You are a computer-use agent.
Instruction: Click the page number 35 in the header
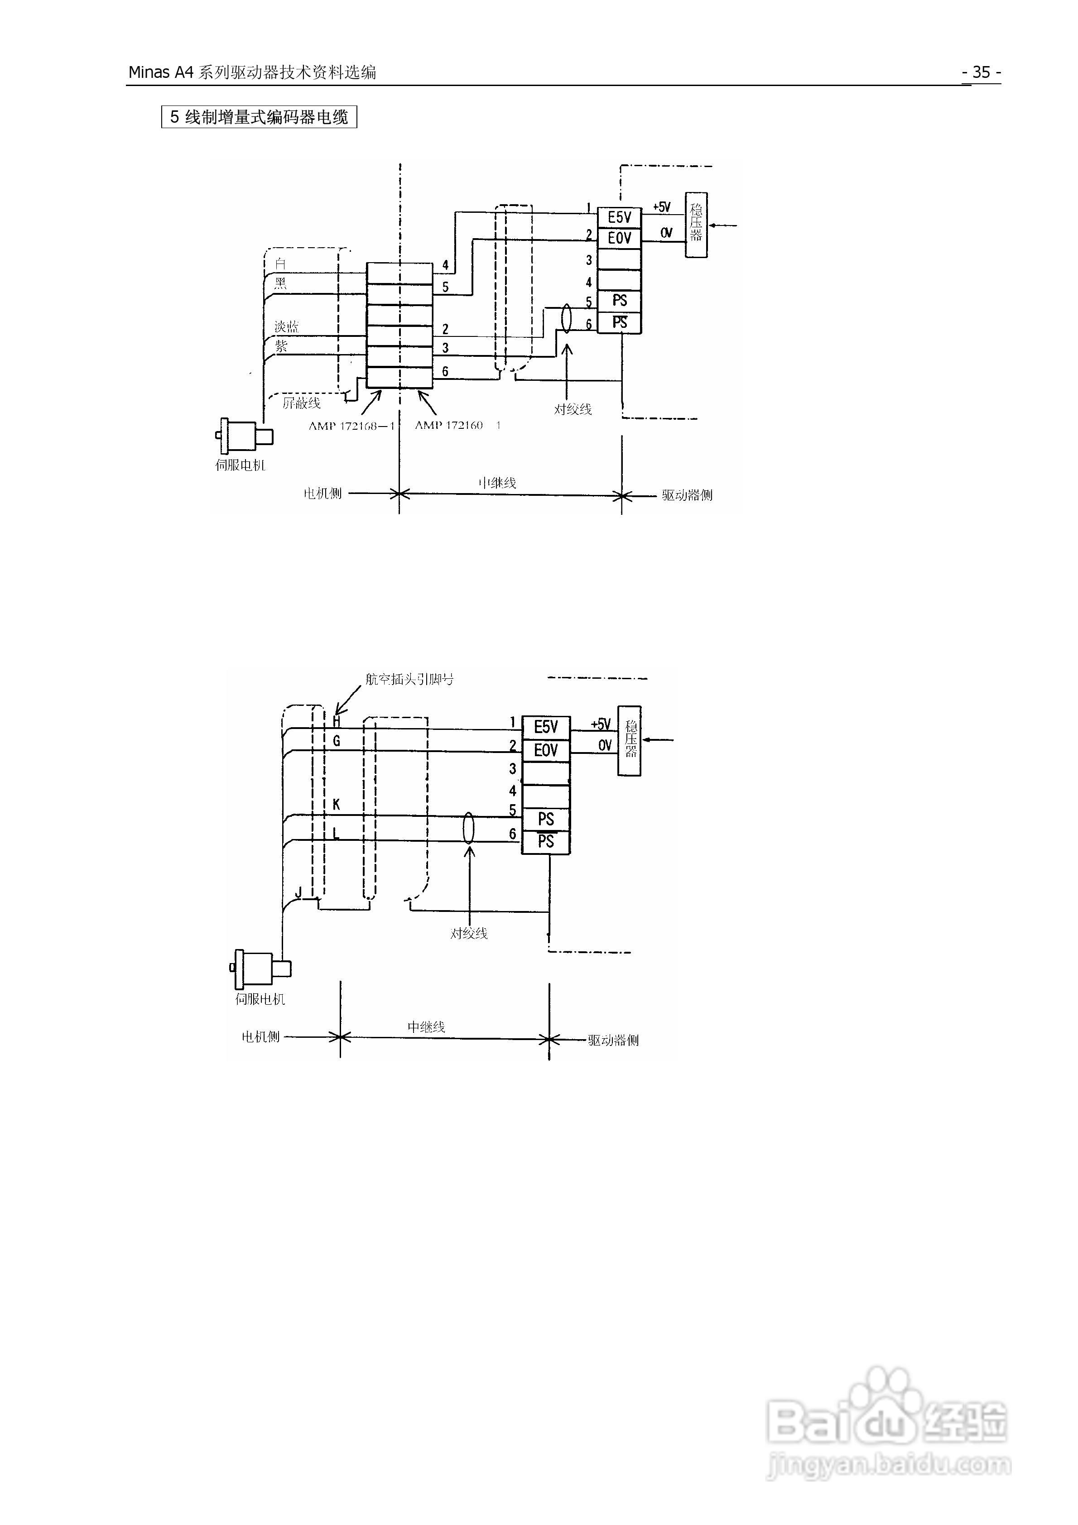coord(981,72)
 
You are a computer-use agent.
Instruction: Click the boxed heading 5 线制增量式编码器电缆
coord(259,118)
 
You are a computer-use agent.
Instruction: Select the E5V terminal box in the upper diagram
coord(620,217)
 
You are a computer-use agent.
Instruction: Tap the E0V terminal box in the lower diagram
coord(546,751)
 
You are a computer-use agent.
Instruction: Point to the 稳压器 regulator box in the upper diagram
coord(696,225)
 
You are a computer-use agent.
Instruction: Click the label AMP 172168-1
coord(351,426)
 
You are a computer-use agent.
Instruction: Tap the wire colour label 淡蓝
coord(286,327)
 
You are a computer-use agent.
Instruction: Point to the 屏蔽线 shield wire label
coord(301,403)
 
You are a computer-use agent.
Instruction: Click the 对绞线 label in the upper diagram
coord(573,409)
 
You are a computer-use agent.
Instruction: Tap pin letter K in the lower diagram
coord(336,804)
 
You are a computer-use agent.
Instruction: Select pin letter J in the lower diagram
coord(298,892)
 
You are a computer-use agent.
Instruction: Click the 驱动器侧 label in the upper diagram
coord(687,495)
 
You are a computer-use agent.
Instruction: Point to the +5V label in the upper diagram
coord(662,207)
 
